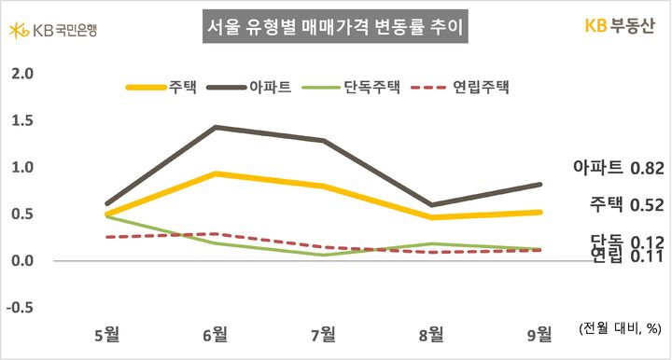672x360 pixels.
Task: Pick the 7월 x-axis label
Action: (x=324, y=333)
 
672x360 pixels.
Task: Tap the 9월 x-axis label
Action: (x=539, y=333)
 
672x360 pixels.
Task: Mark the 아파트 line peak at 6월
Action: (x=217, y=127)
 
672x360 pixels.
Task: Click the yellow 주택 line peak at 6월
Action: (x=217, y=173)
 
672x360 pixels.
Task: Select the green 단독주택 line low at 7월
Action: (x=324, y=255)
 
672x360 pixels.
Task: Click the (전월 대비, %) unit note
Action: (x=620, y=327)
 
